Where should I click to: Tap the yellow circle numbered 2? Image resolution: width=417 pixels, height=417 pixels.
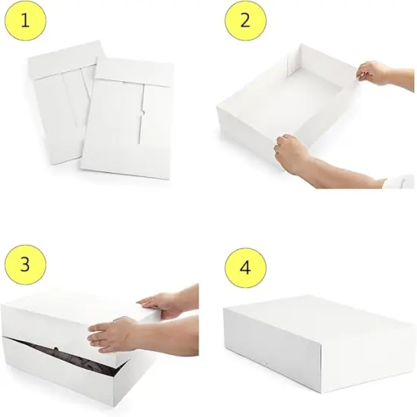tap(245, 22)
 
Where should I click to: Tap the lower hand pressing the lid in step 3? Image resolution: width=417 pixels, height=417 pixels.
tap(114, 334)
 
